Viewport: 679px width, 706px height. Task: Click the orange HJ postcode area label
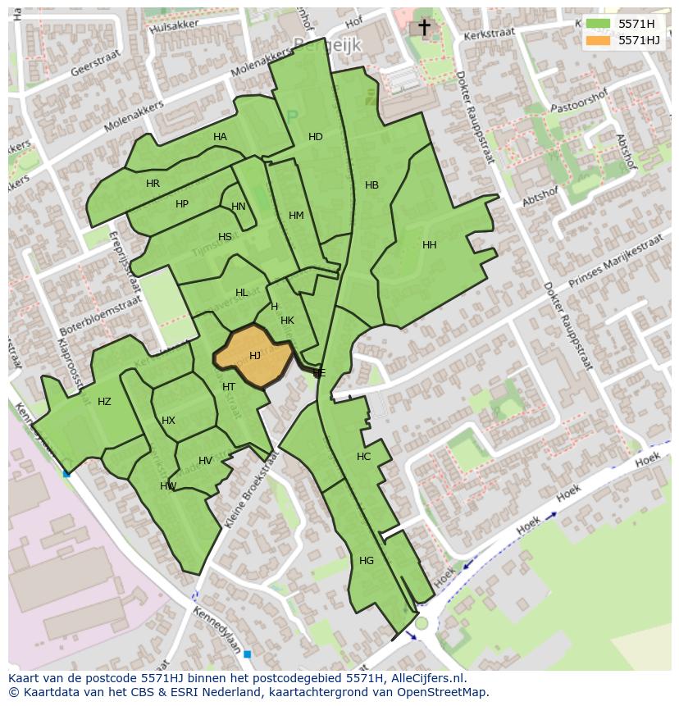coord(255,356)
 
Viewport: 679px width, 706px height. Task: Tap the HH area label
coord(429,245)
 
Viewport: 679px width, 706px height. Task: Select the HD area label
coord(316,137)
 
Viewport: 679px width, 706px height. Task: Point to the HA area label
coord(220,137)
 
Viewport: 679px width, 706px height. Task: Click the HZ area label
coord(104,402)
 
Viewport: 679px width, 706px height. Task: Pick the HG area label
coord(367,561)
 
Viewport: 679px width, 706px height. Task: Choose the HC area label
coord(363,457)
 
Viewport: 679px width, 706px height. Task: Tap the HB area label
coord(371,185)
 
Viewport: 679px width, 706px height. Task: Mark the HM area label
coord(296,216)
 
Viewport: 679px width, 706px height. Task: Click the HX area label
coord(168,421)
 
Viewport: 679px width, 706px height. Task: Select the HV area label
coord(205,461)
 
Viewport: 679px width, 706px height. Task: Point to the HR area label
coord(153,184)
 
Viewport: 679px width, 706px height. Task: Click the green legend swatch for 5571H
coord(598,24)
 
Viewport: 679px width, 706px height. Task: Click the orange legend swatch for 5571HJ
coord(598,40)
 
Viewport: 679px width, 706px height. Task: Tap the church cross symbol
coord(424,28)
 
